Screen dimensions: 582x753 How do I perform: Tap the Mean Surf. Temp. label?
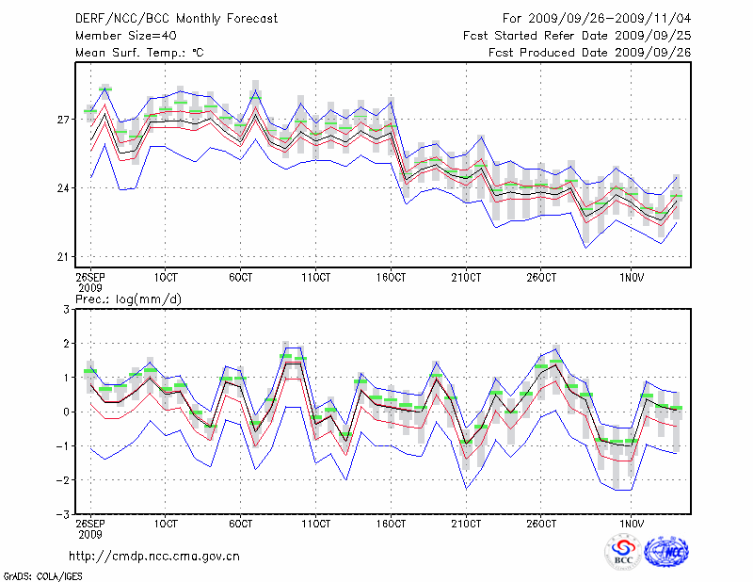139,53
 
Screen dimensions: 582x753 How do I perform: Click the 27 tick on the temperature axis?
65,120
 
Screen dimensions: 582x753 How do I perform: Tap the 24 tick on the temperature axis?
65,188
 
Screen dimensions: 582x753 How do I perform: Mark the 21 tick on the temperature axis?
65,257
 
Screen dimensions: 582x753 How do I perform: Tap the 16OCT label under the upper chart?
392,277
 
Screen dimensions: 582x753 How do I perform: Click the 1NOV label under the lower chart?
631,523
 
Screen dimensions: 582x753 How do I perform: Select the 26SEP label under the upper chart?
90,277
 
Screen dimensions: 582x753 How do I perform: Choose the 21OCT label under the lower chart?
466,523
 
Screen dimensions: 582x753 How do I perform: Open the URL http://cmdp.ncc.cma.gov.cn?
154,556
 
